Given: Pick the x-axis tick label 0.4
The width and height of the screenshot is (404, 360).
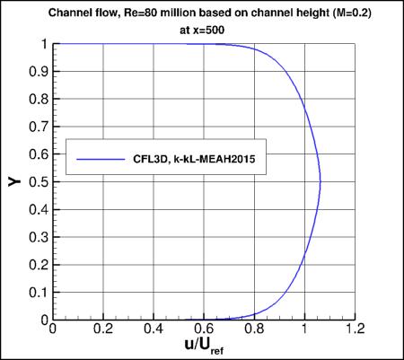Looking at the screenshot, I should (154, 329).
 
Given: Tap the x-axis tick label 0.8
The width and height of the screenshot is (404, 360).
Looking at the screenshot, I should (255, 329).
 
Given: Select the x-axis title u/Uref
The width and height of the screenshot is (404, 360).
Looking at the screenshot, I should (205, 345).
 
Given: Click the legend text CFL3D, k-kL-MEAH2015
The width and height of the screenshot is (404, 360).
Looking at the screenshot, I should (191, 158).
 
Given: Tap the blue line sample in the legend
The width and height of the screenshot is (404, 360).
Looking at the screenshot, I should (100, 158).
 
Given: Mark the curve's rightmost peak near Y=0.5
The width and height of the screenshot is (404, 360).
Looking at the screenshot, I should (321, 181).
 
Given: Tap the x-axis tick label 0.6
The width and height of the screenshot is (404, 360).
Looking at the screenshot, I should (205, 329).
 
